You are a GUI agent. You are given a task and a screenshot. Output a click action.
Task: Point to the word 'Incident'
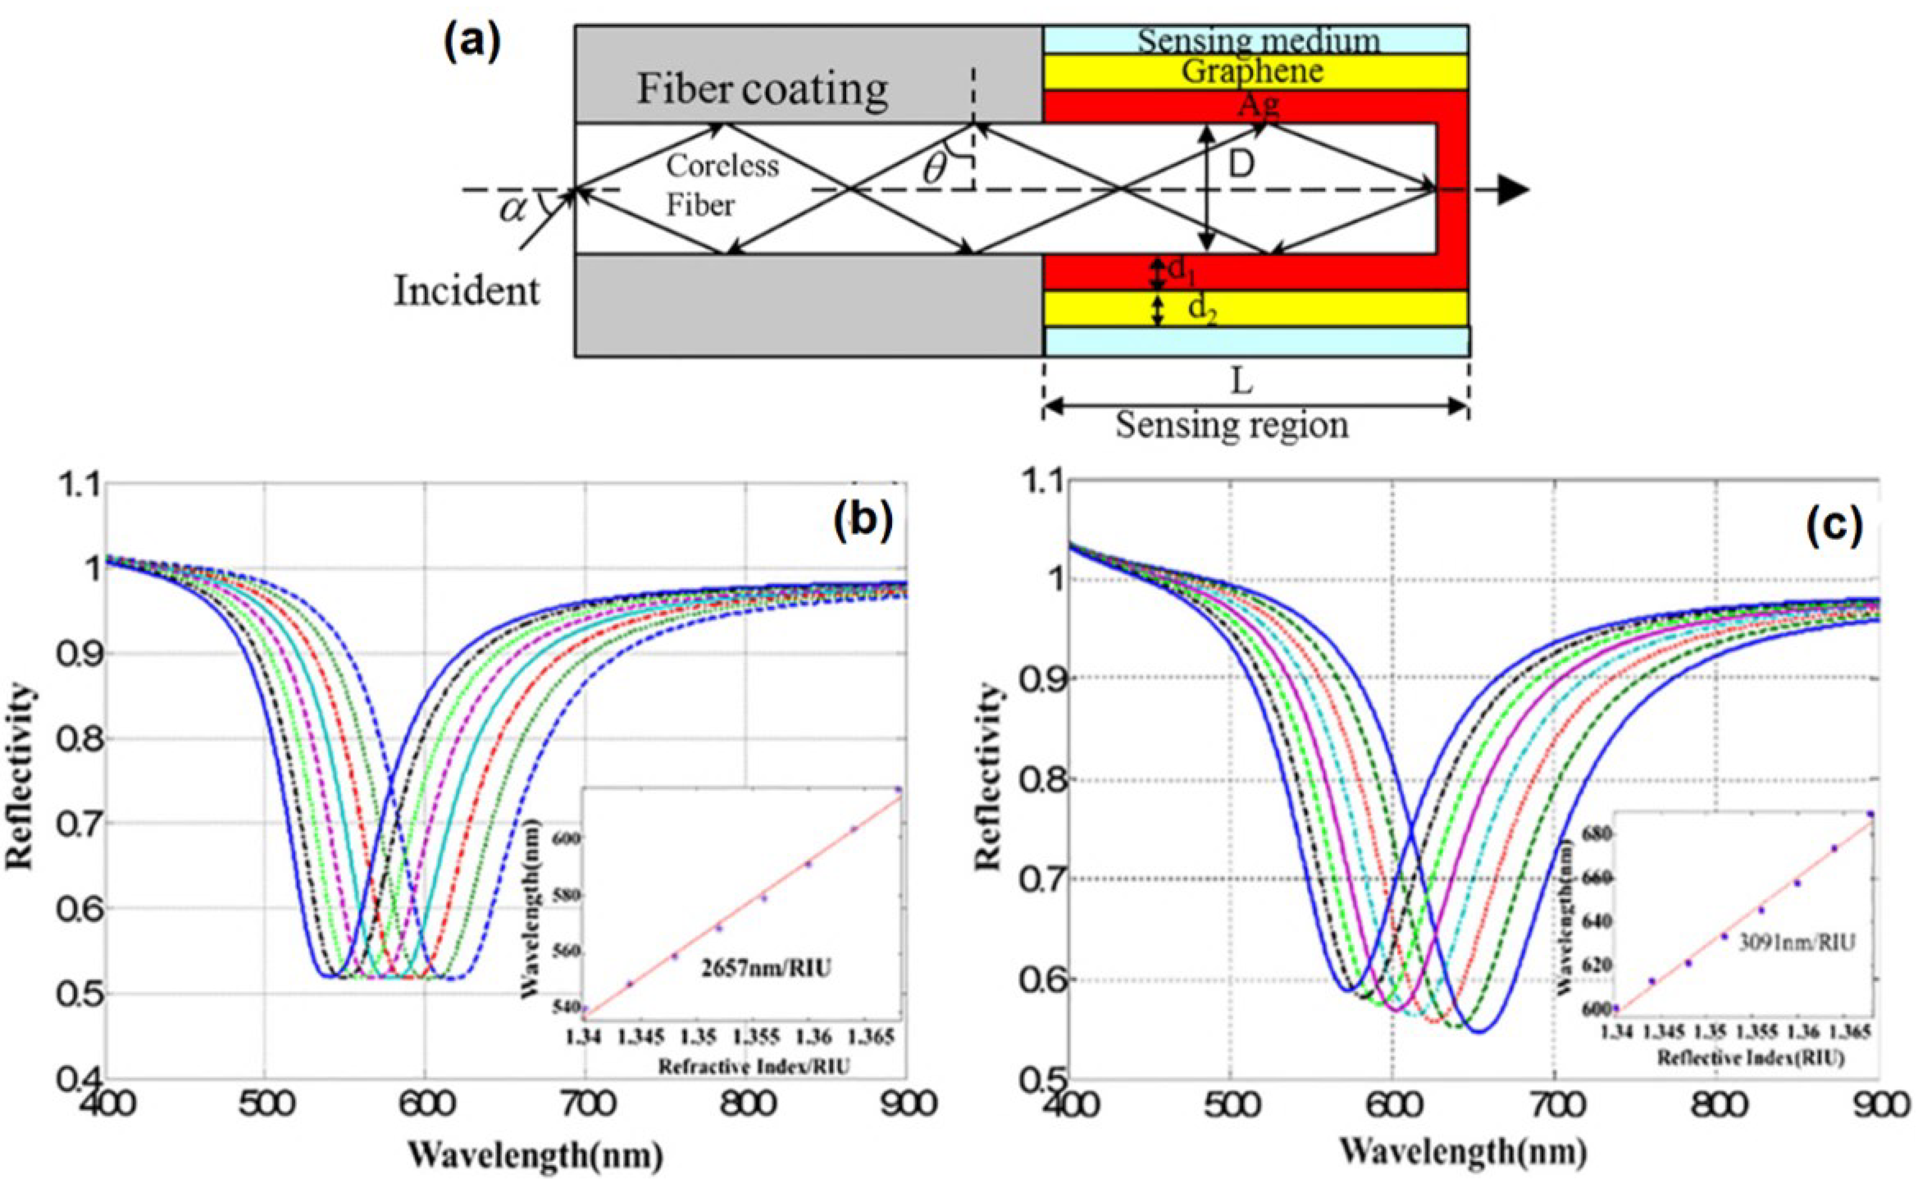tap(467, 291)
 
